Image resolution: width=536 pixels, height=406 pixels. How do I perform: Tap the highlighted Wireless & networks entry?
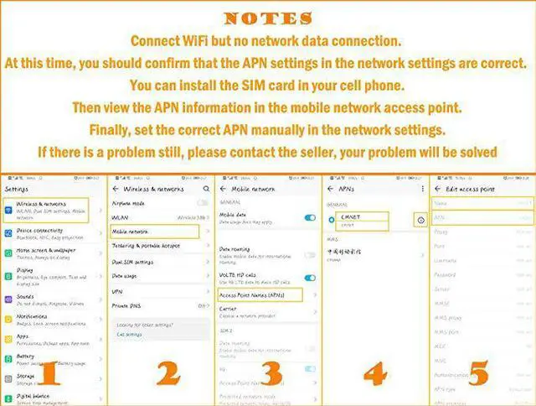coord(52,207)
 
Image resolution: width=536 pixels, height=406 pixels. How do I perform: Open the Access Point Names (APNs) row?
coord(251,294)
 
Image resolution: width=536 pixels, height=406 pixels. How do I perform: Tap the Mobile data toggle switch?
coord(310,217)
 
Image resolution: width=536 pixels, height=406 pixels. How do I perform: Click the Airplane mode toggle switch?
coord(203,203)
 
